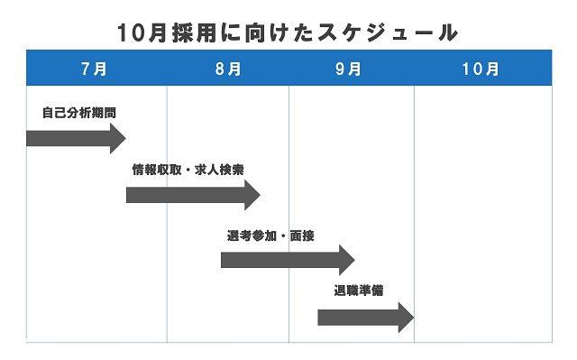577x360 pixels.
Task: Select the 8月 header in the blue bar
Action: [x=228, y=69]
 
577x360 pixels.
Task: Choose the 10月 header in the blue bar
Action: [x=480, y=69]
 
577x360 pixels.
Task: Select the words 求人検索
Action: [x=222, y=170]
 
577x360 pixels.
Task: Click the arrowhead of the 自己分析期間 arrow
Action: [x=117, y=138]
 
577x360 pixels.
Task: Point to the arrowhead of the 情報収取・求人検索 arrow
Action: [x=252, y=194]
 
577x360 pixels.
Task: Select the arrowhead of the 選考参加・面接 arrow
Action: [x=347, y=260]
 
